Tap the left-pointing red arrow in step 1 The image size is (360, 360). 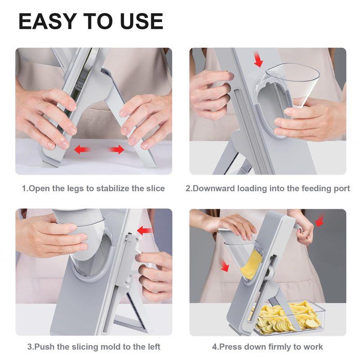coord(82,149)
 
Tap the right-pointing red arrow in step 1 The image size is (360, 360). coord(117,149)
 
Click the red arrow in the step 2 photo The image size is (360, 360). coord(258,59)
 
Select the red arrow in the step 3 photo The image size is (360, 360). coord(144,231)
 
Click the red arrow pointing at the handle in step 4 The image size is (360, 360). coord(319,220)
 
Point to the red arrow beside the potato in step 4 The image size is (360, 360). coord(224,265)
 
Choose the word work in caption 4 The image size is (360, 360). coord(313,346)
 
